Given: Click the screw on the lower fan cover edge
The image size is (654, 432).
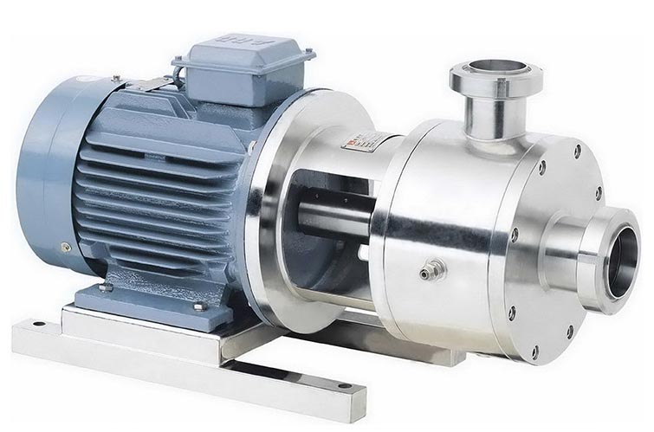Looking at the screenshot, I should [65, 248].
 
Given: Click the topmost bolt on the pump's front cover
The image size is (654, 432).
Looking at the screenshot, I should [577, 149].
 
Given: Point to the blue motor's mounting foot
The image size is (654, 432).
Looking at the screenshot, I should [147, 299].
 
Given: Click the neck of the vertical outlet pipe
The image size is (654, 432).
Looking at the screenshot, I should [489, 117].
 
